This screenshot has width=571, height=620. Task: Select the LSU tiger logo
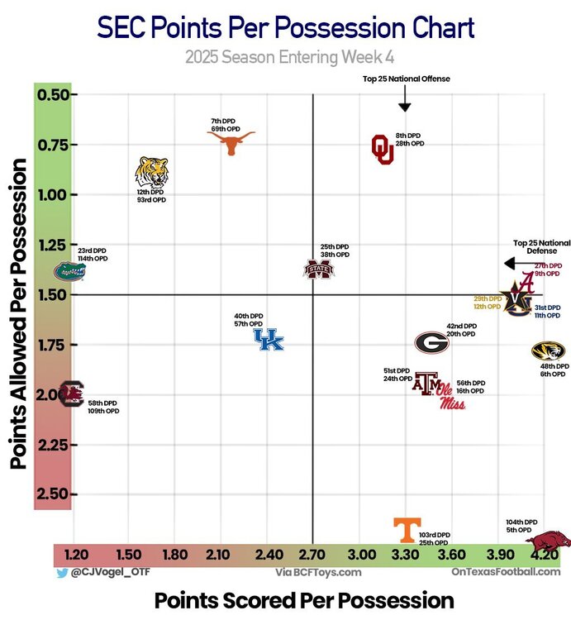(x=151, y=172)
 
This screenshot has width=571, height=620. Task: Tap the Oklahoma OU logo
(x=382, y=149)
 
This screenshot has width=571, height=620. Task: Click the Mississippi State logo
(x=319, y=269)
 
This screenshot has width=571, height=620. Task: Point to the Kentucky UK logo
(x=268, y=339)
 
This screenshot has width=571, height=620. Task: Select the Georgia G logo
(x=431, y=342)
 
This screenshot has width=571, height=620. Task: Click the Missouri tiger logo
(x=548, y=351)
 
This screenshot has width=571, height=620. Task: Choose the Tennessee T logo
(x=404, y=529)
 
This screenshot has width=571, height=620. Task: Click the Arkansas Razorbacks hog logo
(x=548, y=543)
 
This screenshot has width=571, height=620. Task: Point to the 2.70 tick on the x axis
(x=312, y=555)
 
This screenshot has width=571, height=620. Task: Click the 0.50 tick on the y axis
(x=55, y=94)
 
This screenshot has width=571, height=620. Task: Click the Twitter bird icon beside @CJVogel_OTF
(x=61, y=571)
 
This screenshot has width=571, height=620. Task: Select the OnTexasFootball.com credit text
(x=506, y=571)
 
